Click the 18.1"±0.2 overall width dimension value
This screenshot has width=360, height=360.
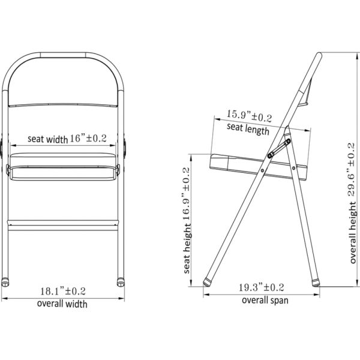(x=63, y=292)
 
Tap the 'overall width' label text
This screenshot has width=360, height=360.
(x=62, y=304)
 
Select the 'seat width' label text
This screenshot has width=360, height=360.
(x=48, y=139)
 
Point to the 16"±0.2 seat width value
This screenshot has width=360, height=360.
(x=88, y=138)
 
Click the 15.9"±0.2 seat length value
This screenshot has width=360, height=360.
(x=250, y=116)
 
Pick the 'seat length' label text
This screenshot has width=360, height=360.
(x=248, y=129)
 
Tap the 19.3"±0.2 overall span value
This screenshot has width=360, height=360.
(x=262, y=287)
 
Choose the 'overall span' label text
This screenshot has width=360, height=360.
(x=265, y=301)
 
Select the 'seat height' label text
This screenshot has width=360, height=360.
(x=187, y=248)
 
